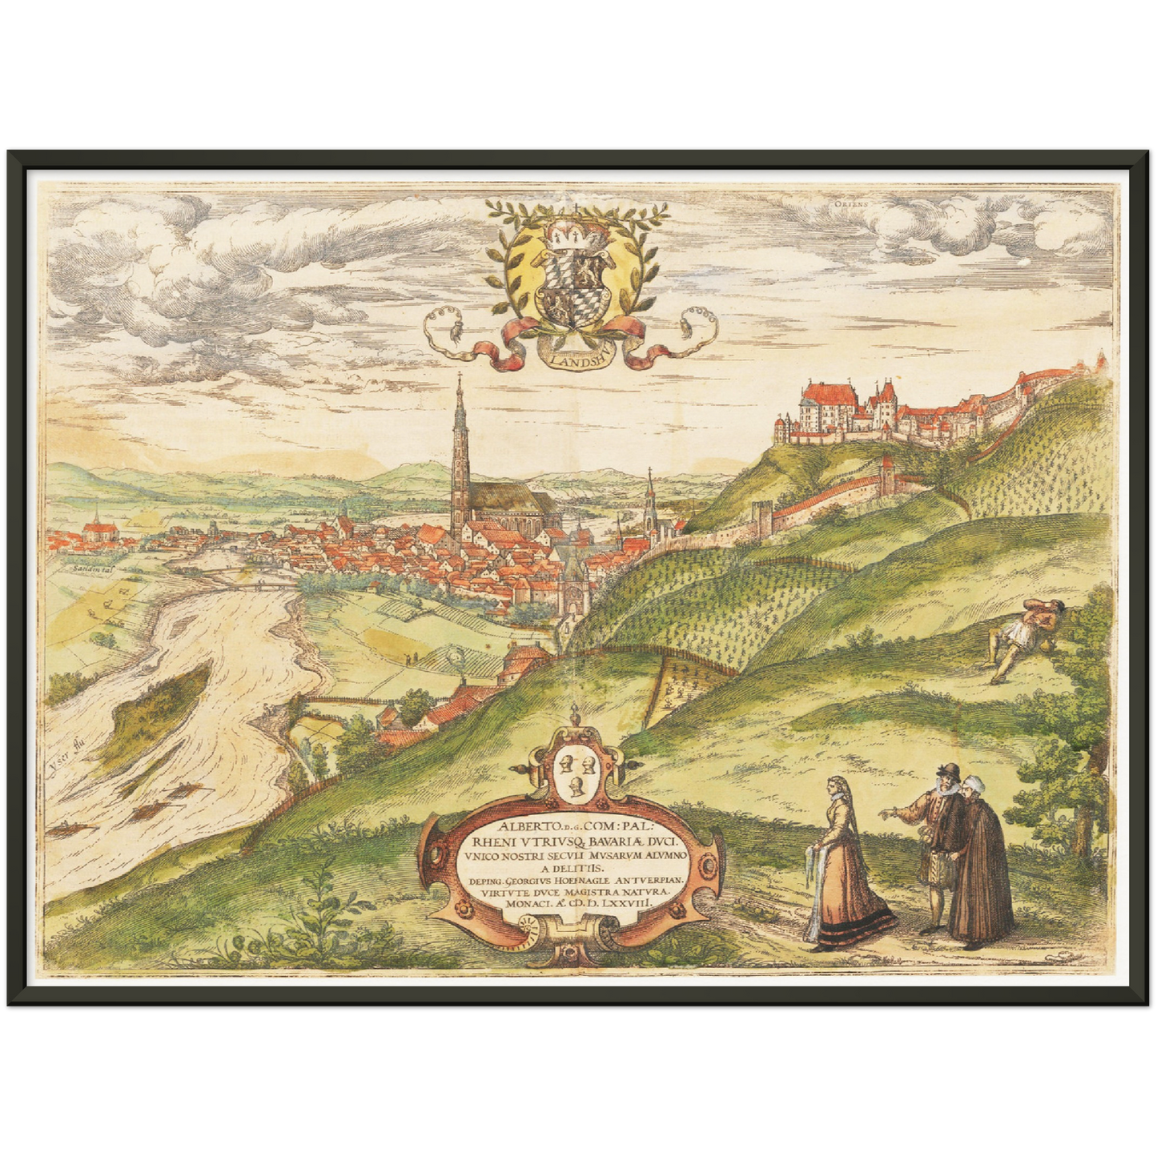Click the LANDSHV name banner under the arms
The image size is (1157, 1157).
[x=577, y=356]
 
